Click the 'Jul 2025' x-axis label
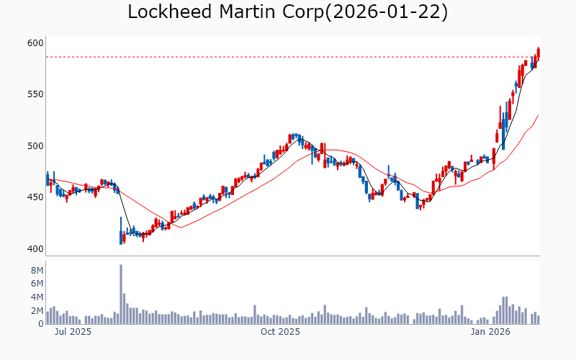point(73,332)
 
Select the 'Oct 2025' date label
point(280,332)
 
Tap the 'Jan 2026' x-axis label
point(490,332)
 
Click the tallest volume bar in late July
point(121,294)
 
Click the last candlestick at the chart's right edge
point(538,53)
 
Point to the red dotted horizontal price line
point(288,57)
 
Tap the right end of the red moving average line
point(538,115)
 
